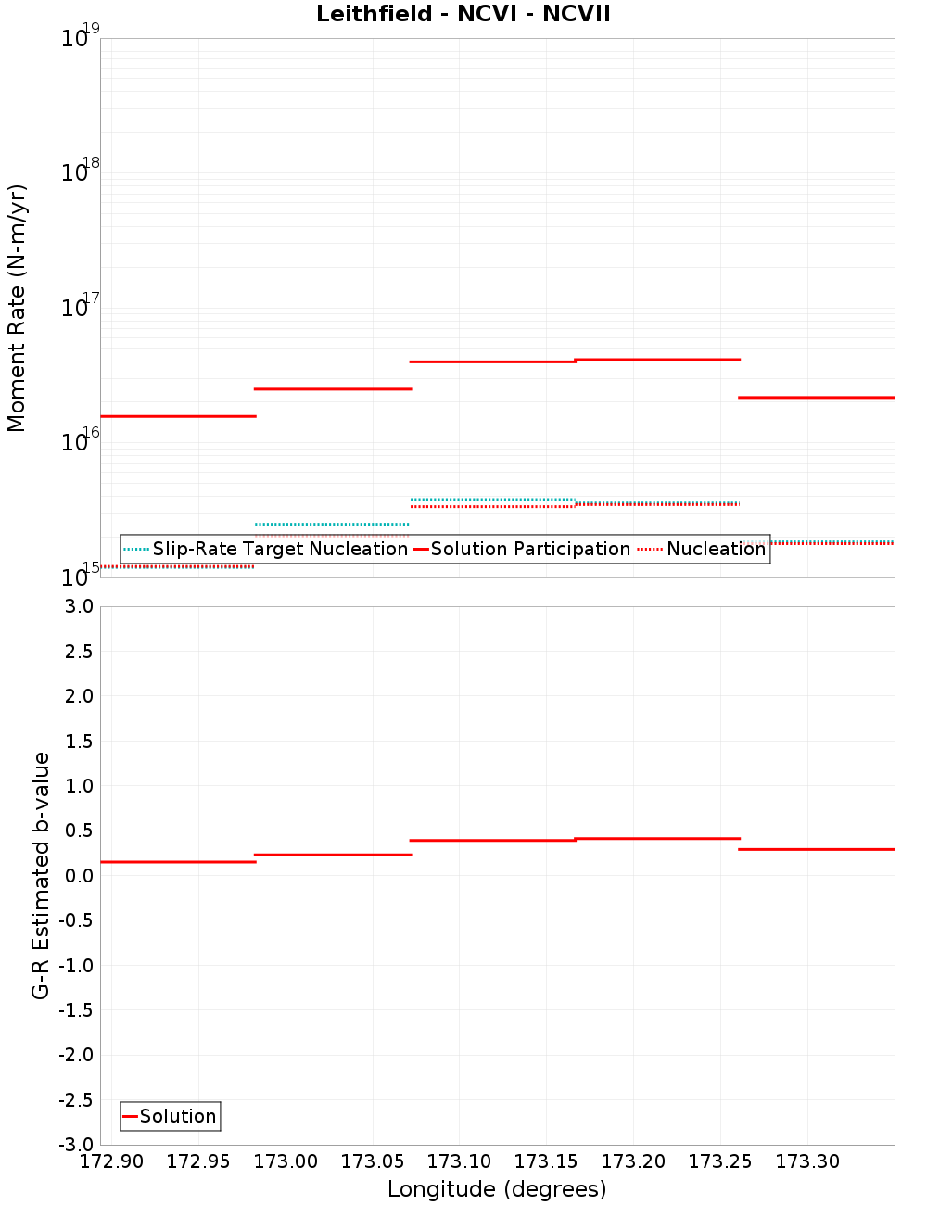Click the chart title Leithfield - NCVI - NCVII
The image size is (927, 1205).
[x=463, y=14]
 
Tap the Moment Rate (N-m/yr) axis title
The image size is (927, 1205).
[x=17, y=308]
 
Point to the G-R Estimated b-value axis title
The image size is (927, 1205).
[x=41, y=875]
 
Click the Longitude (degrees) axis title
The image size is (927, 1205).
[x=497, y=1189]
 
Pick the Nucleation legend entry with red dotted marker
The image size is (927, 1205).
[x=716, y=549]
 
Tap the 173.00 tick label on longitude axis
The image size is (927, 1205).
[x=286, y=1161]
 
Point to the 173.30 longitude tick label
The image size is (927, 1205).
[x=807, y=1161]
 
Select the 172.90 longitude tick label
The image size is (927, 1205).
[x=111, y=1161]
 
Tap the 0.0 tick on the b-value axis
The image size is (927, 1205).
[x=80, y=875]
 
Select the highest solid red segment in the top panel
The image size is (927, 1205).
[x=657, y=359]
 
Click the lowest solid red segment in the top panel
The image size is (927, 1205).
[x=178, y=416]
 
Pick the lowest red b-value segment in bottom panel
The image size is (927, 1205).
[x=178, y=862]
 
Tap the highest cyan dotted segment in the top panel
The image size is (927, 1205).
[x=492, y=500]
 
